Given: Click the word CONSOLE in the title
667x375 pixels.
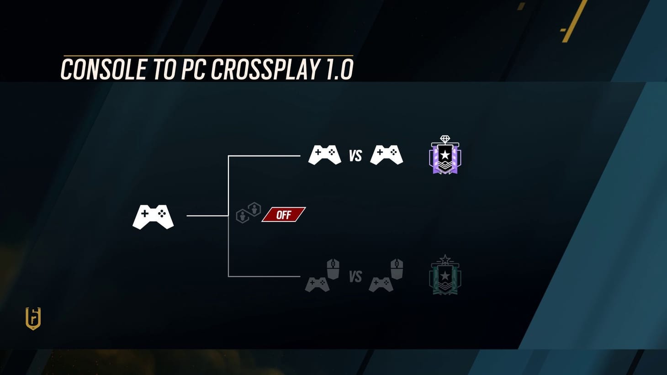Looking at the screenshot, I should click(103, 70).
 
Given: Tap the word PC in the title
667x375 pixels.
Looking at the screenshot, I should click(194, 70).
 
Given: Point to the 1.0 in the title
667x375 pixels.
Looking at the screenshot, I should click(339, 70).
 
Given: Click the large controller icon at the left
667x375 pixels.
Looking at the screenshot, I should click(153, 217).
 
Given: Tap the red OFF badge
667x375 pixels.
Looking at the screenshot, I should click(283, 215).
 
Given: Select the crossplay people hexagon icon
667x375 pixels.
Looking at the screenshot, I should click(248, 213).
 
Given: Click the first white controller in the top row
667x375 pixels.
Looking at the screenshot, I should click(324, 155).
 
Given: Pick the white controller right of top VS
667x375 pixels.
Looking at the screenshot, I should click(386, 155).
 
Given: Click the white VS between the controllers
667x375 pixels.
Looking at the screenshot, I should click(355, 156).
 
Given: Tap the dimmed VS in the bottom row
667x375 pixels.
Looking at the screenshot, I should click(355, 277).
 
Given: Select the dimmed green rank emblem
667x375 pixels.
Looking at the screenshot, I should click(445, 276).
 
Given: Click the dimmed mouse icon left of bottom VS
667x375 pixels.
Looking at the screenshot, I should click(333, 269).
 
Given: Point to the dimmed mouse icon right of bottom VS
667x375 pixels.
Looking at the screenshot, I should click(397, 269).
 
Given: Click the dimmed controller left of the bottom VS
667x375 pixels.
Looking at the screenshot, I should click(318, 284).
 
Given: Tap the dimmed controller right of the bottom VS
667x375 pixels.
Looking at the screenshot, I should click(381, 284).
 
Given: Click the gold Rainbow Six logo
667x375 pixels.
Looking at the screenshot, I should click(33, 318).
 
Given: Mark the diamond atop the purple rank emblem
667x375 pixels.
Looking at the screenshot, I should click(445, 139).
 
